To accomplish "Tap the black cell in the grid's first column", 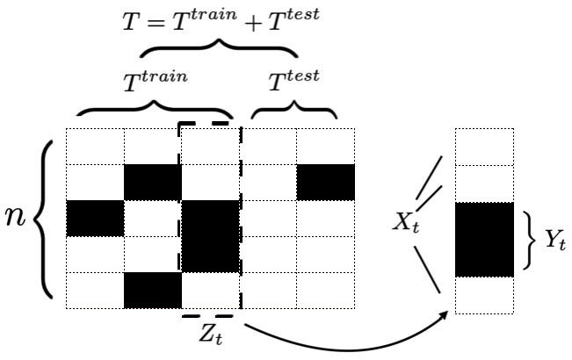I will pyautogui.click(x=95, y=219).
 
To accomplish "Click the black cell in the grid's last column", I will pyautogui.click(x=324, y=183).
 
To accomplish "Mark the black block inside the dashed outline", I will pyautogui.click(x=210, y=236).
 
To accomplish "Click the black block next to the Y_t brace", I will pyautogui.click(x=484, y=239).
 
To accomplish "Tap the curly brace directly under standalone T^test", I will pyautogui.click(x=293, y=112).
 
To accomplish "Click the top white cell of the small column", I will pyautogui.click(x=484, y=147).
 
